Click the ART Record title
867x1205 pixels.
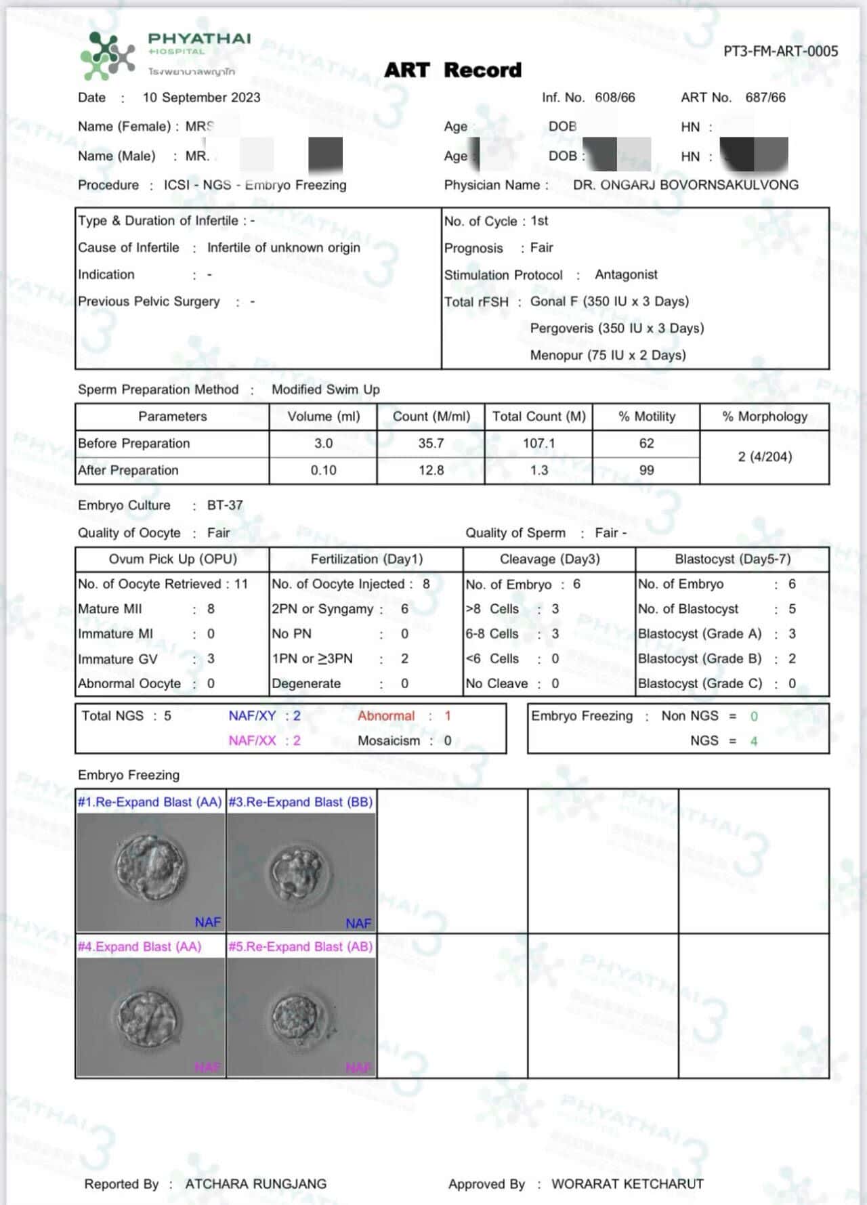[452, 70]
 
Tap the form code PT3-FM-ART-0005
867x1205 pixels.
[780, 51]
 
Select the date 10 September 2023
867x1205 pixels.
[201, 98]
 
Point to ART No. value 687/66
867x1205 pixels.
[765, 98]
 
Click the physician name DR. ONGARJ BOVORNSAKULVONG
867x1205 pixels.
[685, 185]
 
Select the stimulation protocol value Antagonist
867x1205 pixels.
[626, 274]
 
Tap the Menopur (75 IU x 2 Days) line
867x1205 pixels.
[608, 355]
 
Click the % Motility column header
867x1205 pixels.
[646, 417]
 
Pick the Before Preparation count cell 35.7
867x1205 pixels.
[431, 443]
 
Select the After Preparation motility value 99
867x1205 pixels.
[646, 470]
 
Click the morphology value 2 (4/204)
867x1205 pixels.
[765, 457]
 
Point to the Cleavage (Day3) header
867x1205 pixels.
[549, 559]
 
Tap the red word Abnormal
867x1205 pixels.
[386, 716]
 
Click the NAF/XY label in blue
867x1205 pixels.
[252, 716]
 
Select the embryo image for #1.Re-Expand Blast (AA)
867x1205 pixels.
[150, 871]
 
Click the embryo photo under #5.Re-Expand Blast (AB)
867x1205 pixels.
[301, 1016]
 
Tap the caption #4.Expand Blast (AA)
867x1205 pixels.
[140, 946]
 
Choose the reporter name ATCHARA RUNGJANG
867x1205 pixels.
[255, 1184]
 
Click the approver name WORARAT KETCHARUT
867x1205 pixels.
[627, 1184]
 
